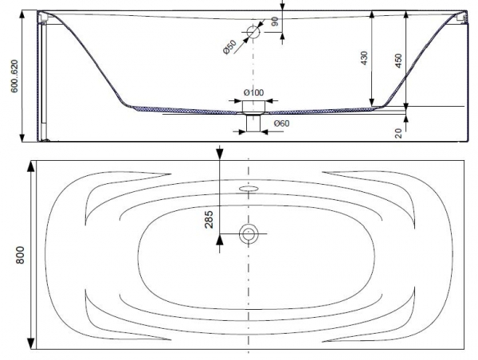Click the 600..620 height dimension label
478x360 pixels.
(14, 76)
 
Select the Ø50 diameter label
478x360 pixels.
(230, 47)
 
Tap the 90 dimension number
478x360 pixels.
(275, 22)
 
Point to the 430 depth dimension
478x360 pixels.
(364, 58)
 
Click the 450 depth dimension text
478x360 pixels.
(398, 61)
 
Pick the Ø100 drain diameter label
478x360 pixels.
(253, 92)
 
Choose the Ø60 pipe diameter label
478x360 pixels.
(281, 123)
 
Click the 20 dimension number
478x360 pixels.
(398, 133)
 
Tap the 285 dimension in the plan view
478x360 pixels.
(209, 220)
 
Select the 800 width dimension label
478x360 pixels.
(20, 255)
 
